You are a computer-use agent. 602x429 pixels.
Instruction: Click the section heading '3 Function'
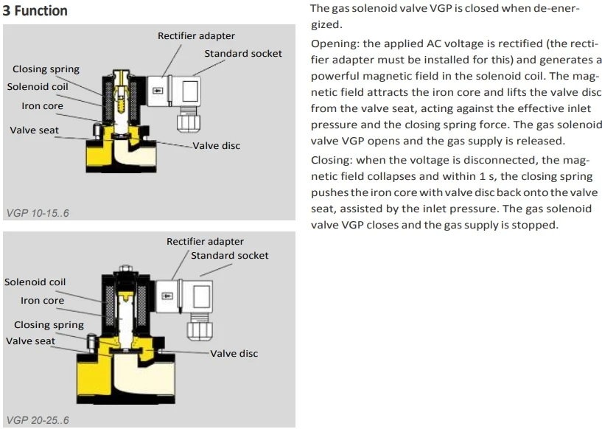point(35,10)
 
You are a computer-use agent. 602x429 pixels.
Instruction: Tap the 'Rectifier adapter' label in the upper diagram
point(196,36)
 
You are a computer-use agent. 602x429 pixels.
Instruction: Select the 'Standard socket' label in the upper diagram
point(242,54)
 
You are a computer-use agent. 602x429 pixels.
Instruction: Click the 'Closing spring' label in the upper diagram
point(46,69)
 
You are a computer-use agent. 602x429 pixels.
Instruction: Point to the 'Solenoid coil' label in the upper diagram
point(38,87)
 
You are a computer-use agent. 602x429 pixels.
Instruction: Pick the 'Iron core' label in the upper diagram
point(42,106)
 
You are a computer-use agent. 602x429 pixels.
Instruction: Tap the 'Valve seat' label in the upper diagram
point(35,130)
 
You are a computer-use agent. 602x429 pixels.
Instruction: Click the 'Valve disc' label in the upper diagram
point(217,146)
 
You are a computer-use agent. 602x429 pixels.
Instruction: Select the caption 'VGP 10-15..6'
point(37,214)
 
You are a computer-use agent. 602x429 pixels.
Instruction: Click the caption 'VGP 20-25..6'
point(37,420)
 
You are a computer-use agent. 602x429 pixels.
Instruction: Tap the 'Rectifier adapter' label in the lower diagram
point(205,242)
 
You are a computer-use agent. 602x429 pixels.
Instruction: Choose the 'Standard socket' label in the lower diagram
point(229,256)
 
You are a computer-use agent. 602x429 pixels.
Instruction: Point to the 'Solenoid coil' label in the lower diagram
point(35,282)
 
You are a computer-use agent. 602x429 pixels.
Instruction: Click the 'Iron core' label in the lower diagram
point(42,301)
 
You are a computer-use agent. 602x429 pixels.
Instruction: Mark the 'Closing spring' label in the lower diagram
point(49,325)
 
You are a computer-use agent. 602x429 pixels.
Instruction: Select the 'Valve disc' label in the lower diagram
point(234,354)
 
